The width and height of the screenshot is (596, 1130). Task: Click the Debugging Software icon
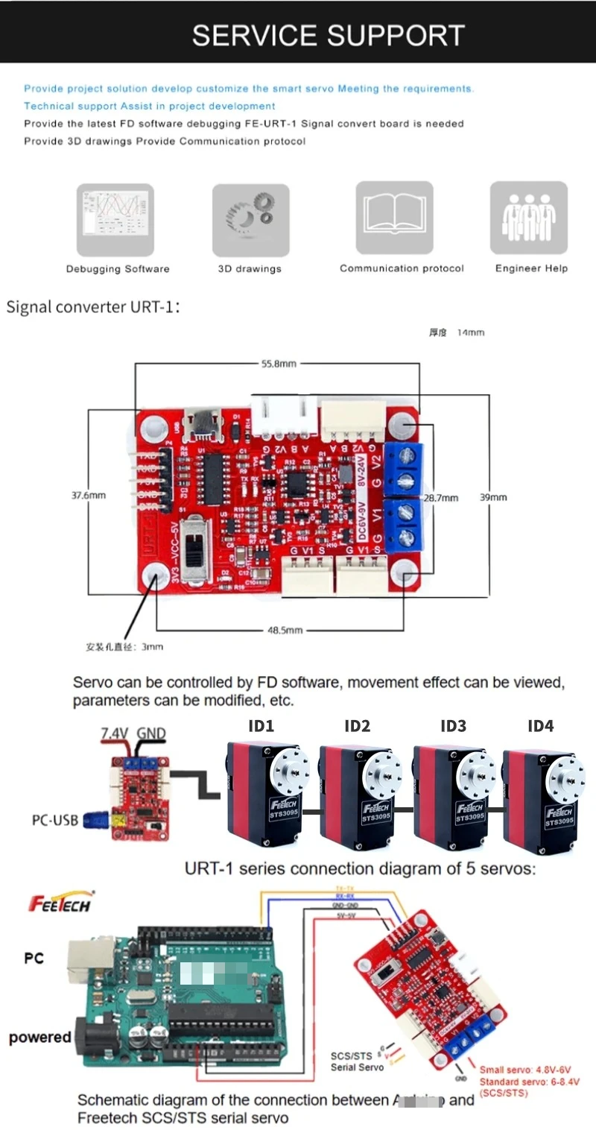pyautogui.click(x=115, y=220)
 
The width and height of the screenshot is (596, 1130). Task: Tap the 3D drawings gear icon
pyautogui.click(x=250, y=221)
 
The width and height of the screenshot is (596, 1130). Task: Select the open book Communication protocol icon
pyautogui.click(x=394, y=218)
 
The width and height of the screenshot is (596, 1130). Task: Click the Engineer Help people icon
pyautogui.click(x=528, y=218)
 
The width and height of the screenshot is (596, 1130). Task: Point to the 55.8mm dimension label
pyautogui.click(x=279, y=364)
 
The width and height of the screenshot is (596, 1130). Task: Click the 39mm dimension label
pyautogui.click(x=495, y=497)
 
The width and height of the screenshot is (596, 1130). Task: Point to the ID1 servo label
pyautogui.click(x=261, y=726)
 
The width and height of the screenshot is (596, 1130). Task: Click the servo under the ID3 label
pyautogui.click(x=454, y=798)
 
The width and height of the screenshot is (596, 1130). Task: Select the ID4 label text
pyautogui.click(x=540, y=726)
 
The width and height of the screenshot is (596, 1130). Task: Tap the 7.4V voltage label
pyautogui.click(x=114, y=733)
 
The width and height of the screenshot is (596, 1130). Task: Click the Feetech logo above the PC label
pyautogui.click(x=60, y=903)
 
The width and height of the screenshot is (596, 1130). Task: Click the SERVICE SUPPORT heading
pyautogui.click(x=328, y=35)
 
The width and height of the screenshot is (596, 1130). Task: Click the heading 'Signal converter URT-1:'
pyautogui.click(x=93, y=306)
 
